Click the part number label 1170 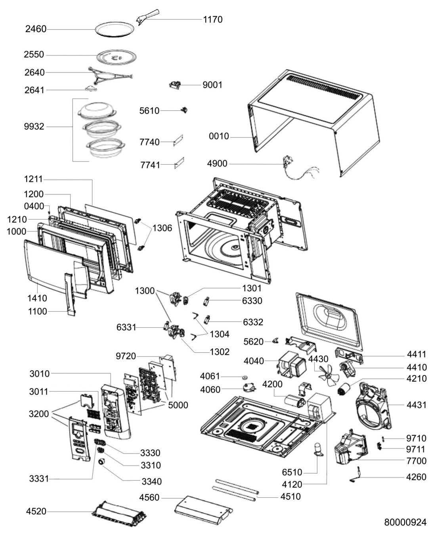click(x=213, y=19)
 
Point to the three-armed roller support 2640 click(x=110, y=75)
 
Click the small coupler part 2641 click(x=90, y=88)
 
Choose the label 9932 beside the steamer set click(x=34, y=126)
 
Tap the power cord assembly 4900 click(x=300, y=168)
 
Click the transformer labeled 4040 click(x=292, y=365)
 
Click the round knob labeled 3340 click(x=102, y=462)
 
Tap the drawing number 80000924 click(x=405, y=522)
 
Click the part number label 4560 click(x=149, y=497)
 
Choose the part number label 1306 click(x=163, y=228)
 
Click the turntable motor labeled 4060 click(x=249, y=387)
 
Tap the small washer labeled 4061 click(x=245, y=377)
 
